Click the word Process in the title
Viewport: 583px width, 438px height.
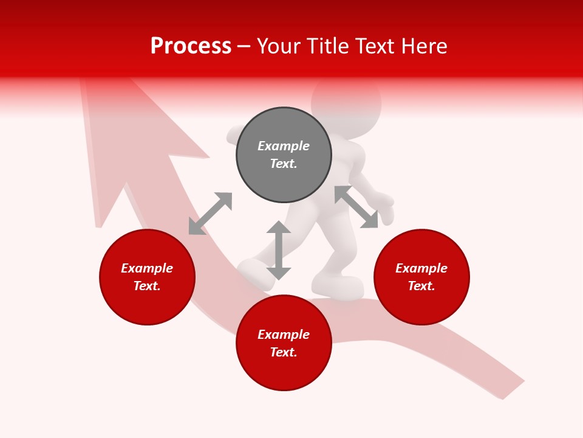tap(191, 46)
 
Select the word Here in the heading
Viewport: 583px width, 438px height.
tap(423, 46)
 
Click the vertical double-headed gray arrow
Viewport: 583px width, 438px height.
tap(279, 250)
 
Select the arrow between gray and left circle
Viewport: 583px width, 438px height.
tap(210, 214)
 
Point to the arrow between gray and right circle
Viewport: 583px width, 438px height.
tap(356, 207)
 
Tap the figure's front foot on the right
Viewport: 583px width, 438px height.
tap(338, 287)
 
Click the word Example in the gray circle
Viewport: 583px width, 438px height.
tap(284, 146)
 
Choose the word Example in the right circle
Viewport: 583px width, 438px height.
tap(421, 268)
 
